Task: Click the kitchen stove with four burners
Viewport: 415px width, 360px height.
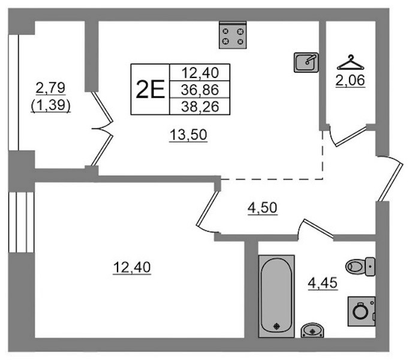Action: point(233,35)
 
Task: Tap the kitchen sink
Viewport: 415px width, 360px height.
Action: point(306,62)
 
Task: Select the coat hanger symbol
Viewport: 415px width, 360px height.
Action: point(350,62)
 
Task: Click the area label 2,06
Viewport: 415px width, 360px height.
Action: point(350,80)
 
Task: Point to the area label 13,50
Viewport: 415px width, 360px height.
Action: point(188,135)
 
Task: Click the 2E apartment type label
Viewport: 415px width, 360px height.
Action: point(150,89)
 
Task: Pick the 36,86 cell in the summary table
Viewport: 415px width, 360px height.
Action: point(200,90)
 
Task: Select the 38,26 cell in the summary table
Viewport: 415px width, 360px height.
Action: point(200,106)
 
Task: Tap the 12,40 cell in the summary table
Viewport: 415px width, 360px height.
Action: point(200,73)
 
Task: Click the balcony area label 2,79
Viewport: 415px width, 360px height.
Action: point(50,88)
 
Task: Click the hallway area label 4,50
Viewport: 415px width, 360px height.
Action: point(262,208)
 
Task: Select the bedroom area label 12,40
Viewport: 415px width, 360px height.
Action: point(132,268)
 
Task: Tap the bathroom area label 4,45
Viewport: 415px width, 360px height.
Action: point(323,283)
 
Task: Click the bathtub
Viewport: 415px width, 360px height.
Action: point(276,296)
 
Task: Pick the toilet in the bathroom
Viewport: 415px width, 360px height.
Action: point(360,266)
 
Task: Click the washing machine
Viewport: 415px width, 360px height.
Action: point(362,311)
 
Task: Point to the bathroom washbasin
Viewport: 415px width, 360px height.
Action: point(312,330)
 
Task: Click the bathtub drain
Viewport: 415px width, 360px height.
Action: point(276,326)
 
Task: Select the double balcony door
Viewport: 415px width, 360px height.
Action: point(102,128)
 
